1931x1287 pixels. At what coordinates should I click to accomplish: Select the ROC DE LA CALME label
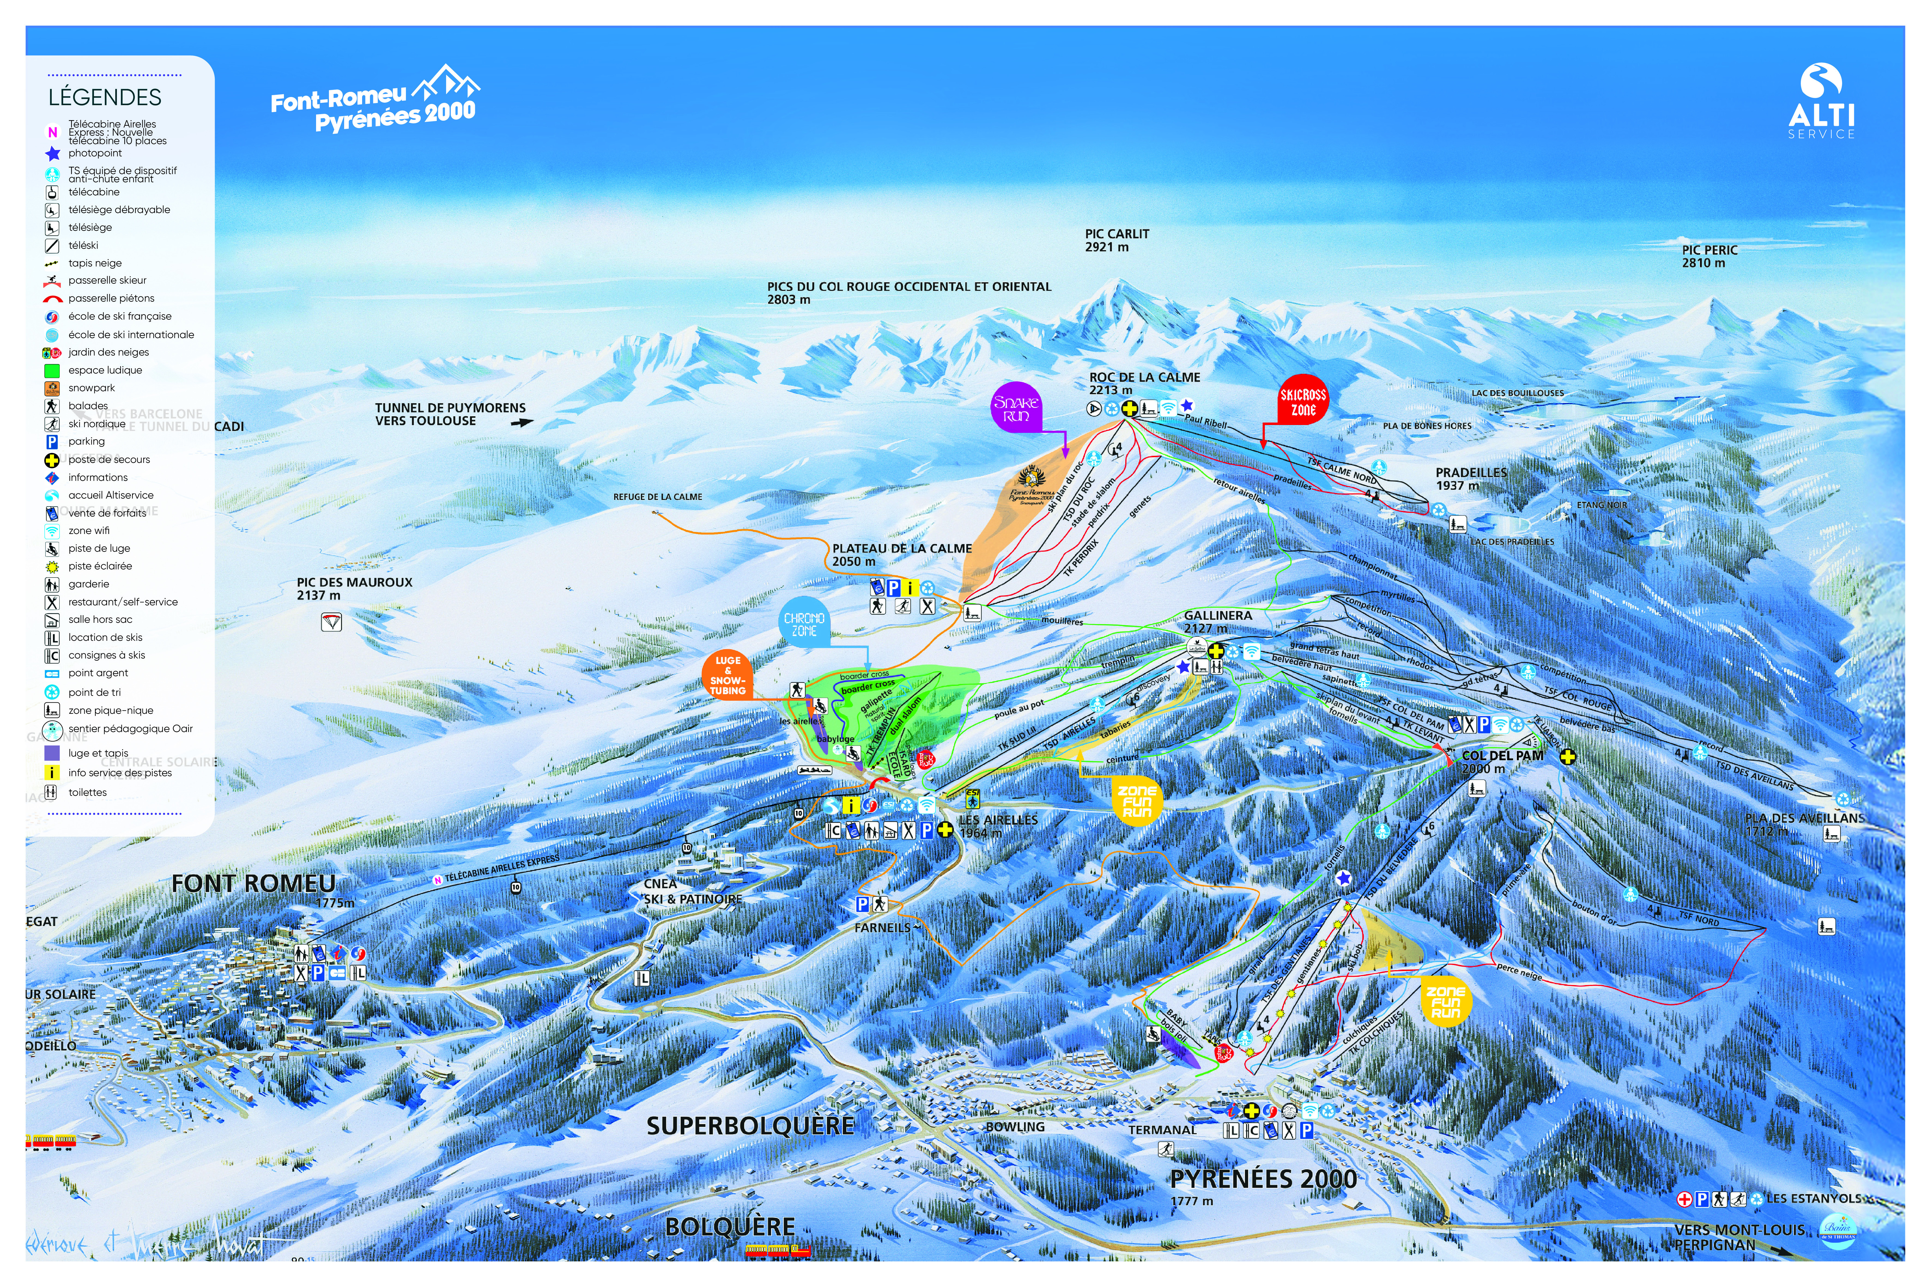coord(1144,378)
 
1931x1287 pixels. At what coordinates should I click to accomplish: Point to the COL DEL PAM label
coord(1502,756)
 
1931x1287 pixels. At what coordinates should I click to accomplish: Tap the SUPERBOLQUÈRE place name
coord(750,1125)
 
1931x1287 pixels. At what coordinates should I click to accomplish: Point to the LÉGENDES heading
coord(104,98)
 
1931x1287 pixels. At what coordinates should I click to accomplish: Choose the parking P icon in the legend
coord(52,442)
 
